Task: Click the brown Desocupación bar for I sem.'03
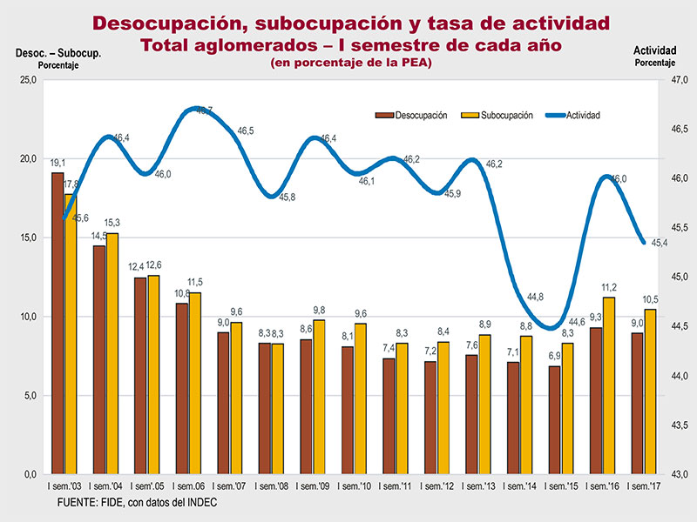tap(58, 323)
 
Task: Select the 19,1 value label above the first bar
tap(58, 164)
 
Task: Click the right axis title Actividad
tap(655, 50)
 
